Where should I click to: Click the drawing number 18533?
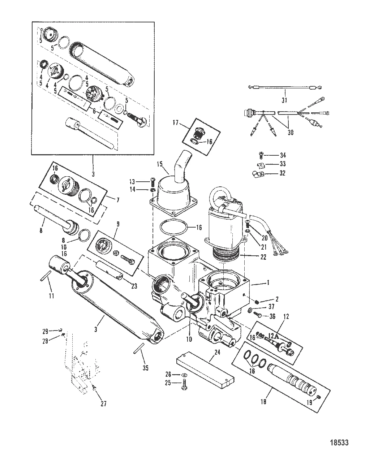(339, 443)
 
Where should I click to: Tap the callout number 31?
(284, 100)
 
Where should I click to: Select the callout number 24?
(217, 352)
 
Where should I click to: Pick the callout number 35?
(145, 368)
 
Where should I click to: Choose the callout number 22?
(263, 257)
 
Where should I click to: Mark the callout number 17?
(176, 123)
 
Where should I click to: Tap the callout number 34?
(283, 155)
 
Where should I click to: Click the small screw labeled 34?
(261, 155)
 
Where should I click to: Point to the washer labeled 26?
(184, 375)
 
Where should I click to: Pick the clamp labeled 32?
(258, 174)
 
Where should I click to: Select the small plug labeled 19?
(319, 397)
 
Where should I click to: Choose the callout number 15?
(160, 164)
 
